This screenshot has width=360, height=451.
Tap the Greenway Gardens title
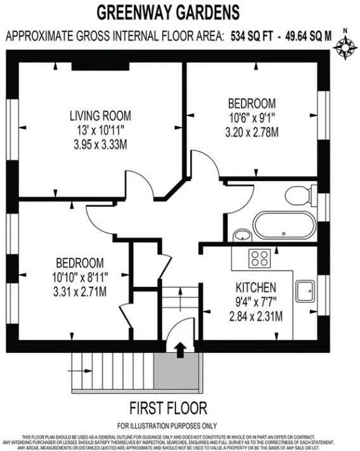[x=168, y=11]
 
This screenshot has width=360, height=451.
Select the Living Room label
[x=100, y=116]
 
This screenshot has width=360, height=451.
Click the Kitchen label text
[x=255, y=286]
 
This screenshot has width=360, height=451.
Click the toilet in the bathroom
[x=300, y=194]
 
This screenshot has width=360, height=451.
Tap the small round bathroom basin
[x=242, y=236]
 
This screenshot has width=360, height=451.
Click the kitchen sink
[x=305, y=291]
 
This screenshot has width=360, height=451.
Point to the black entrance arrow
[x=180, y=348]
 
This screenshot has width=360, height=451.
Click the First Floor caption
[x=168, y=407]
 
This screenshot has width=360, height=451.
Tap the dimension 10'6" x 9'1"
[x=252, y=118]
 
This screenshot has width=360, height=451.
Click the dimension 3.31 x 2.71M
[x=79, y=292]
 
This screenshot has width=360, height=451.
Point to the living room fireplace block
[x=100, y=66]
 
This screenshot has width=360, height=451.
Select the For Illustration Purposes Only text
[x=167, y=425]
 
